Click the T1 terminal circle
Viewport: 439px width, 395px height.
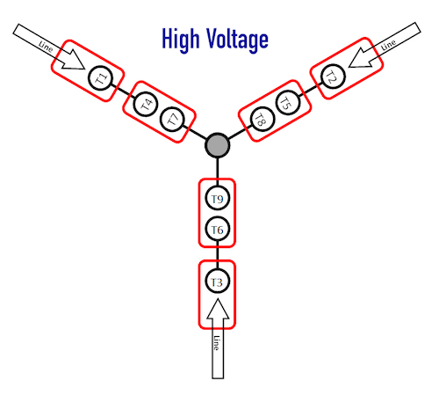click(x=100, y=78)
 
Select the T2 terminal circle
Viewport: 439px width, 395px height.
click(x=333, y=76)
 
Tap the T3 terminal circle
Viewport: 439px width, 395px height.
click(x=217, y=281)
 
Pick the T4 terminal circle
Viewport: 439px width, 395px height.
click(x=146, y=104)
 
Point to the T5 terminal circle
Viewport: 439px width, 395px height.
click(x=288, y=102)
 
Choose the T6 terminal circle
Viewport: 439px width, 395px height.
click(x=217, y=229)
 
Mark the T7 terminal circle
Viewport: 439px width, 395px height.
click(x=172, y=120)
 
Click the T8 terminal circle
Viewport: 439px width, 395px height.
click(x=263, y=119)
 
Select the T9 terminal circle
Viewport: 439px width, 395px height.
click(x=217, y=198)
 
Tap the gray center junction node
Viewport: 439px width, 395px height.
click(x=217, y=145)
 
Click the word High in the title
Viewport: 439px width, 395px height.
click(x=181, y=40)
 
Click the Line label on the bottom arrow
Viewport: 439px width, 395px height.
click(x=217, y=342)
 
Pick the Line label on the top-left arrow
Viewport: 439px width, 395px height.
click(x=46, y=47)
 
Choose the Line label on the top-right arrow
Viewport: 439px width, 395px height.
click(x=388, y=45)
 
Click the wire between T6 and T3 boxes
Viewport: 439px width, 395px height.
click(x=217, y=254)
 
